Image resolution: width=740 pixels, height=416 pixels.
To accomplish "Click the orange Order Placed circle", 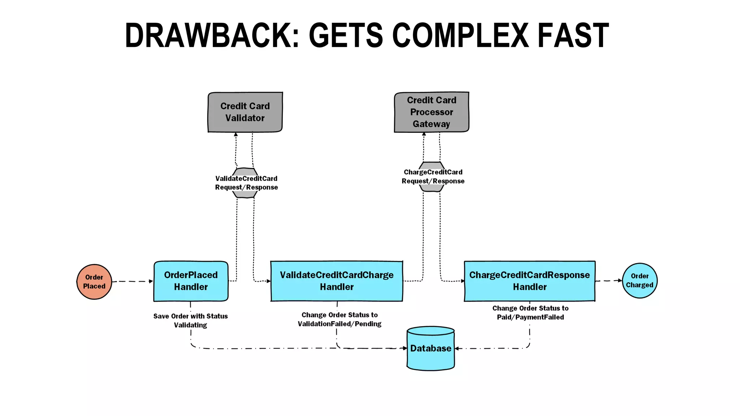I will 94,282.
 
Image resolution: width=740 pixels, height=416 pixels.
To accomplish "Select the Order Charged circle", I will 640,281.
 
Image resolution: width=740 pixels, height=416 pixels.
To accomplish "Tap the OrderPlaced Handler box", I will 191,281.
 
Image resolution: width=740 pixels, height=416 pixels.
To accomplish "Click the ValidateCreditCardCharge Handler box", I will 336,281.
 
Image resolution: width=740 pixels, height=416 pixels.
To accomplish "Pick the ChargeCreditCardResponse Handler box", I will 529,281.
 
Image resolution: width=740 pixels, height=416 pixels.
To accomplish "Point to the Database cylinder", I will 430,348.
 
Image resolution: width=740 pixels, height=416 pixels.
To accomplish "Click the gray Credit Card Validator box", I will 245,112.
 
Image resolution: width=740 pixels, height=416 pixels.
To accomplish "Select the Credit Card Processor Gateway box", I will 431,112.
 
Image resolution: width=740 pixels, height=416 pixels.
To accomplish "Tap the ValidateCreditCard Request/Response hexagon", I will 246,183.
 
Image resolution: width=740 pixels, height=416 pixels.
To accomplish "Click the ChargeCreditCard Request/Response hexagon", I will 433,177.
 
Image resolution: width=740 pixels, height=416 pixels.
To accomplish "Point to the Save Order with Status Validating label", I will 190,320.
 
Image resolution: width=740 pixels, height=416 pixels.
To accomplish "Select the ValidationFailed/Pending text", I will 339,324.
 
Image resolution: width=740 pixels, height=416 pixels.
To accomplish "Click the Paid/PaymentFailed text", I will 530,317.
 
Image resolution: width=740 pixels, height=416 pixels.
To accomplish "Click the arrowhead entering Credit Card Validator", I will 236,135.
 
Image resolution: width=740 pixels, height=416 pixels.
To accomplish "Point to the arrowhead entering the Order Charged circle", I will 620,280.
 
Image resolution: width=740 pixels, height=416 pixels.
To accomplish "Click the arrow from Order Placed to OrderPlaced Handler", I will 132,281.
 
